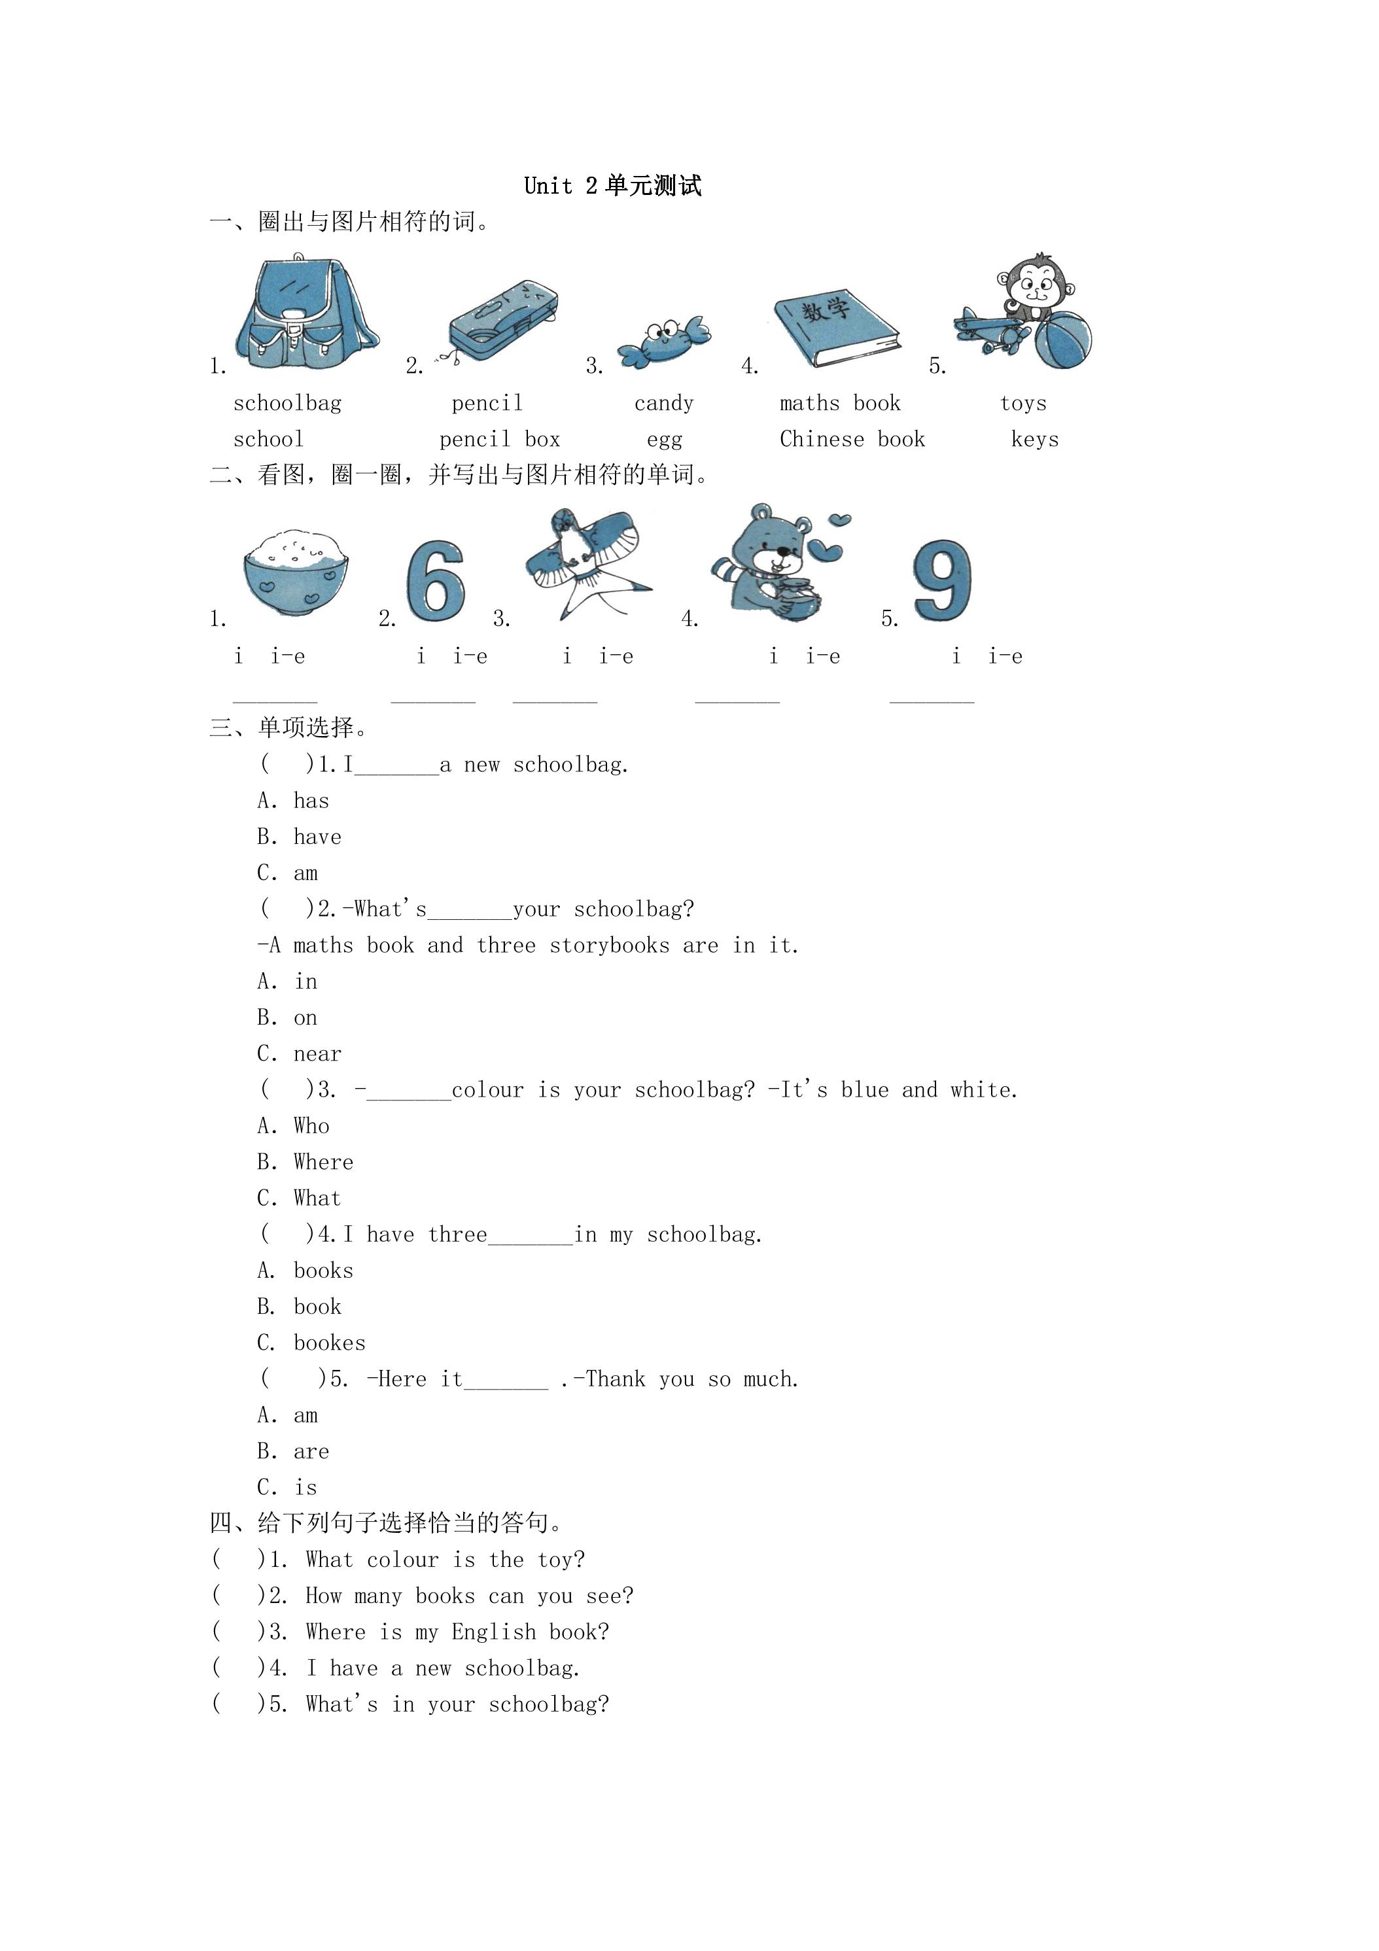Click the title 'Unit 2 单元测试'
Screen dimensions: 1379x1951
click(612, 185)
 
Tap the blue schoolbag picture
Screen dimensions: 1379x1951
click(307, 312)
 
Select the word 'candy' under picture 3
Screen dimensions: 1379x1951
click(663, 404)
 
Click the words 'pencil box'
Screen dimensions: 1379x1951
click(500, 439)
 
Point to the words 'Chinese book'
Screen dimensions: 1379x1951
click(852, 439)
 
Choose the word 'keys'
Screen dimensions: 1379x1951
click(1035, 439)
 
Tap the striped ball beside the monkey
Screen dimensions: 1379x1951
click(1063, 340)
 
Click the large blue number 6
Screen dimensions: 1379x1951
click(436, 580)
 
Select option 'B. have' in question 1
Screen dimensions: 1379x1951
click(299, 837)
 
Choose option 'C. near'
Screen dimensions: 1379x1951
click(299, 1053)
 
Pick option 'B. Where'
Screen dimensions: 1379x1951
click(305, 1163)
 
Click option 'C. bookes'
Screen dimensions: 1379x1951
click(311, 1343)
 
